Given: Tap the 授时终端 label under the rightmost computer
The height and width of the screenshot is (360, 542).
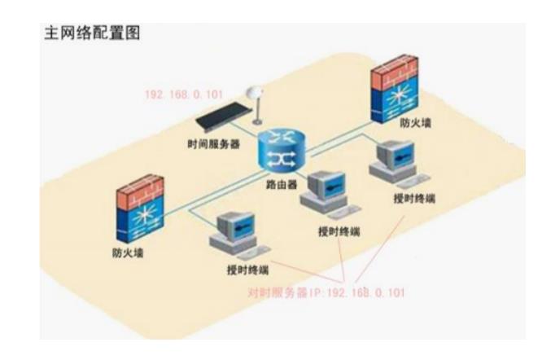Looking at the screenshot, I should click(x=413, y=199).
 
